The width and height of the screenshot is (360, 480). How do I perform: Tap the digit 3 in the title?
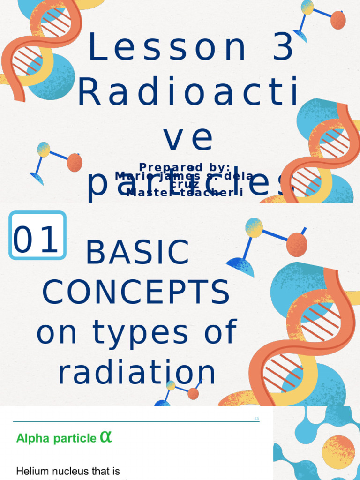pyautogui.click(x=283, y=48)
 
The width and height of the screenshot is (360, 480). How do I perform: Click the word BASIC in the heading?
pyautogui.click(x=137, y=253)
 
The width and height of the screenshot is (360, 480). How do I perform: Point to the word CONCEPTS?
pyautogui.click(x=136, y=292)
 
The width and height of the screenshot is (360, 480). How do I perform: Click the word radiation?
pyautogui.click(x=137, y=373)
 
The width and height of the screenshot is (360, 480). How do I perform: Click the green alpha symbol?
pyautogui.click(x=106, y=437)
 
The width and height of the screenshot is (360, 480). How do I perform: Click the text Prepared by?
pyautogui.click(x=184, y=167)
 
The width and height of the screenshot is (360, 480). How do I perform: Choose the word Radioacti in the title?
pyautogui.click(x=187, y=93)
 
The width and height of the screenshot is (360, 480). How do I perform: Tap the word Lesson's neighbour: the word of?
pyautogui.click(x=220, y=332)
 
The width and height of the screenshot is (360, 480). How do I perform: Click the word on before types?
pyautogui.click(x=60, y=332)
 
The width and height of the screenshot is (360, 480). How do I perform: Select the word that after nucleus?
pyautogui.click(x=105, y=470)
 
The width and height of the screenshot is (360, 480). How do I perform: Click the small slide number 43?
pyautogui.click(x=256, y=419)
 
